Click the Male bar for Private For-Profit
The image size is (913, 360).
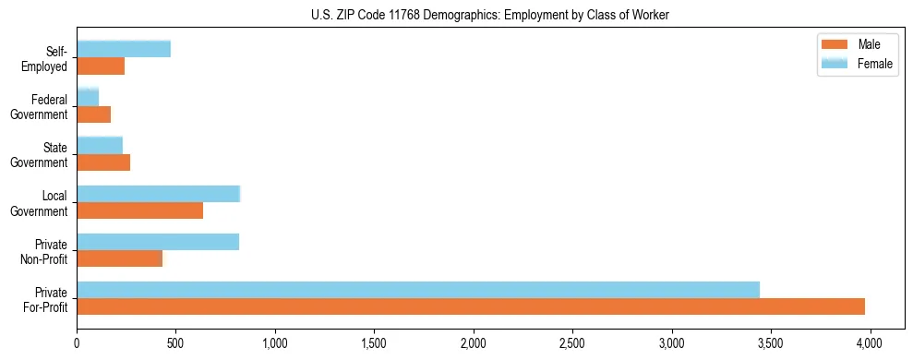471,306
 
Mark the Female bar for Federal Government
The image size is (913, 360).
88,98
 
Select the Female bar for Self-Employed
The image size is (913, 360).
124,50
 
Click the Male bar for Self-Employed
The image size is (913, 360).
101,66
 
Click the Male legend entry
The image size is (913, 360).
859,44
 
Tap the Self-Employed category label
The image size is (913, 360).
48,58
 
